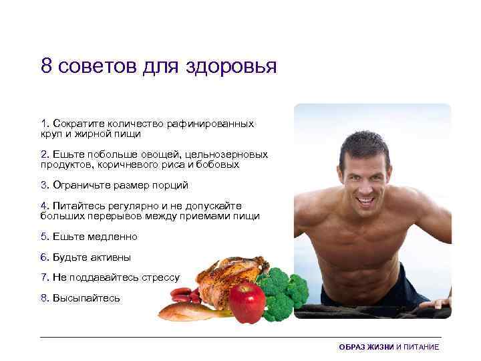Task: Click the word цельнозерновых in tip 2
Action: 227,154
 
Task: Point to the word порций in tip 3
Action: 172,185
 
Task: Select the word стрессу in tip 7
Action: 160,277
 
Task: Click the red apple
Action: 247,302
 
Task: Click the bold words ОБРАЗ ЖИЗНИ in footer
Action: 366,348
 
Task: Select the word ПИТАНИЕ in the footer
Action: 422,348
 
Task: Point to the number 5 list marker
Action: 43,237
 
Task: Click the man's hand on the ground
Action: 438,303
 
